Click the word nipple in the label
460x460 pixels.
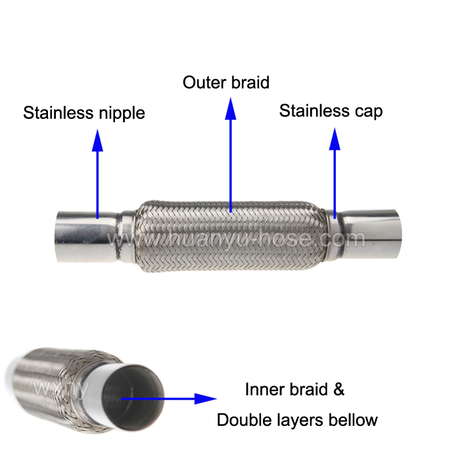tap(120, 114)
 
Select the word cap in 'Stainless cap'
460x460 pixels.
tap(369, 111)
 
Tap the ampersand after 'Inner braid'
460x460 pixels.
tap(338, 389)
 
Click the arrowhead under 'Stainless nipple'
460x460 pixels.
tap(98, 139)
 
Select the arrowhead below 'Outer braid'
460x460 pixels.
tap(231, 110)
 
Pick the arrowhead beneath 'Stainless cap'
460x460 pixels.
tap(334, 139)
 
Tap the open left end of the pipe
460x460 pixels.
tap(57, 235)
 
